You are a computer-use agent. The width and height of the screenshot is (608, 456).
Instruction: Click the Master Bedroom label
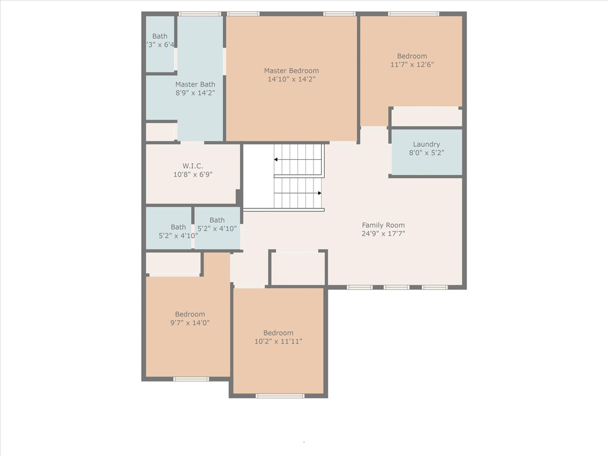click(292, 71)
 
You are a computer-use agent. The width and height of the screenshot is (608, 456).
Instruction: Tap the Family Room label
click(383, 225)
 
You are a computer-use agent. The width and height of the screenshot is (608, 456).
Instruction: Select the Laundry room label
click(426, 144)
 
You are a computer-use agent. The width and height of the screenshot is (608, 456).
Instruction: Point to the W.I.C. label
click(193, 166)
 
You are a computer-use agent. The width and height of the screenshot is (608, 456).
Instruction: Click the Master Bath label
click(195, 84)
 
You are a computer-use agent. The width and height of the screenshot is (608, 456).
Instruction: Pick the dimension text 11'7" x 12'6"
click(412, 64)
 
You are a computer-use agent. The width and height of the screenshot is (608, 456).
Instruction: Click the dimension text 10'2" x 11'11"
click(278, 341)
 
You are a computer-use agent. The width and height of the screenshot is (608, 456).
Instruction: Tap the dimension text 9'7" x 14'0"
click(190, 322)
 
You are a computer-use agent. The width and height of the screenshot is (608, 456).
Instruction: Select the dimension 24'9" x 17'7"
click(383, 233)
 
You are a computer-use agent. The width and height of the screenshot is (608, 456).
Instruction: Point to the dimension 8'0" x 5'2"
click(426, 153)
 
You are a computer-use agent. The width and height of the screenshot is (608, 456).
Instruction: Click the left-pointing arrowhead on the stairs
click(275, 159)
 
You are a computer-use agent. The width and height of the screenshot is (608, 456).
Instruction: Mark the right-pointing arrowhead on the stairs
click(319, 193)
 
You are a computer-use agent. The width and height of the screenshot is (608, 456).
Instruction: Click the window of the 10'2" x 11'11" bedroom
click(280, 395)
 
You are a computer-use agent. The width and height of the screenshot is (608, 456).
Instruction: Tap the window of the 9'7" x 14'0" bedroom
click(191, 379)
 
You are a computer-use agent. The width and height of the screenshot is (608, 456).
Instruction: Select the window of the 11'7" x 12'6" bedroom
click(414, 14)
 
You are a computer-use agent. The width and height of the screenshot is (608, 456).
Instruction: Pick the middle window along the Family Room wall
click(397, 287)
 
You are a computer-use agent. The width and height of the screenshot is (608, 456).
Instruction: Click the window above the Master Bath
click(199, 14)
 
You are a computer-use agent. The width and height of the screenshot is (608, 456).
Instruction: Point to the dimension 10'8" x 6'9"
click(193, 175)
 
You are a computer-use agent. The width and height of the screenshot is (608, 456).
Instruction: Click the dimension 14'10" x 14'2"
click(292, 79)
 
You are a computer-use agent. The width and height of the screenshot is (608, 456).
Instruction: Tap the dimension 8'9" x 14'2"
click(195, 93)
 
